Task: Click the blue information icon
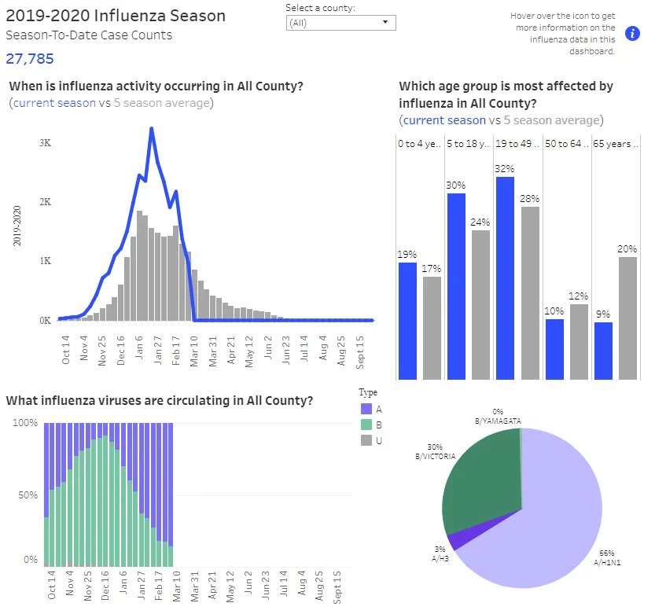click(632, 34)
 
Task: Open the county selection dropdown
click(341, 23)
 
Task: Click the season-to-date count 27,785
click(30, 59)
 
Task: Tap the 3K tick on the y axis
click(46, 143)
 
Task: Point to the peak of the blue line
click(151, 128)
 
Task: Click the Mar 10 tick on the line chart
click(194, 351)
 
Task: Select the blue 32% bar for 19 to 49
click(505, 278)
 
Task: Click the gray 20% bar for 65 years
click(627, 318)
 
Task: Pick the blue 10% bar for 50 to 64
click(554, 349)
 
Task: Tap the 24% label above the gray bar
click(480, 222)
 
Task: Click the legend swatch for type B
click(366, 425)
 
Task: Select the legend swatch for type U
click(366, 440)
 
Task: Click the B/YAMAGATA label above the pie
click(498, 421)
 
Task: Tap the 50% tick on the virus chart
click(28, 495)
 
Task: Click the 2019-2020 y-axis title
click(17, 226)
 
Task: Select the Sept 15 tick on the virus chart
click(337, 587)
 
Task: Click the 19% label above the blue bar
click(407, 255)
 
